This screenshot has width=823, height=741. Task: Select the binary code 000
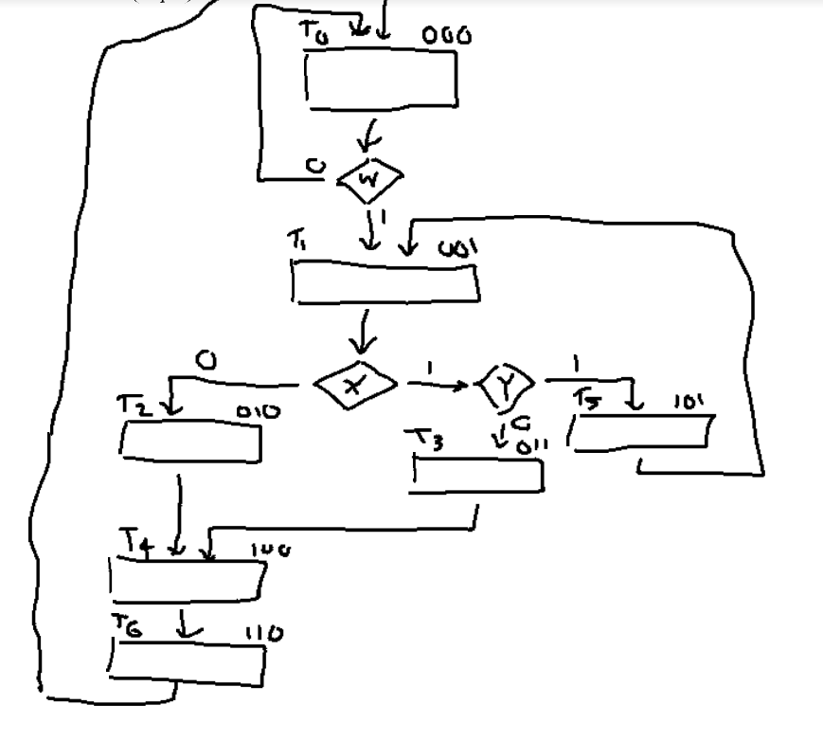click(x=447, y=35)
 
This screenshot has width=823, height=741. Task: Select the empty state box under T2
click(x=190, y=442)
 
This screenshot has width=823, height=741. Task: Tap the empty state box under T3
click(x=476, y=474)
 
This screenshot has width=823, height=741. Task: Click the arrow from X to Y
click(x=439, y=385)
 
